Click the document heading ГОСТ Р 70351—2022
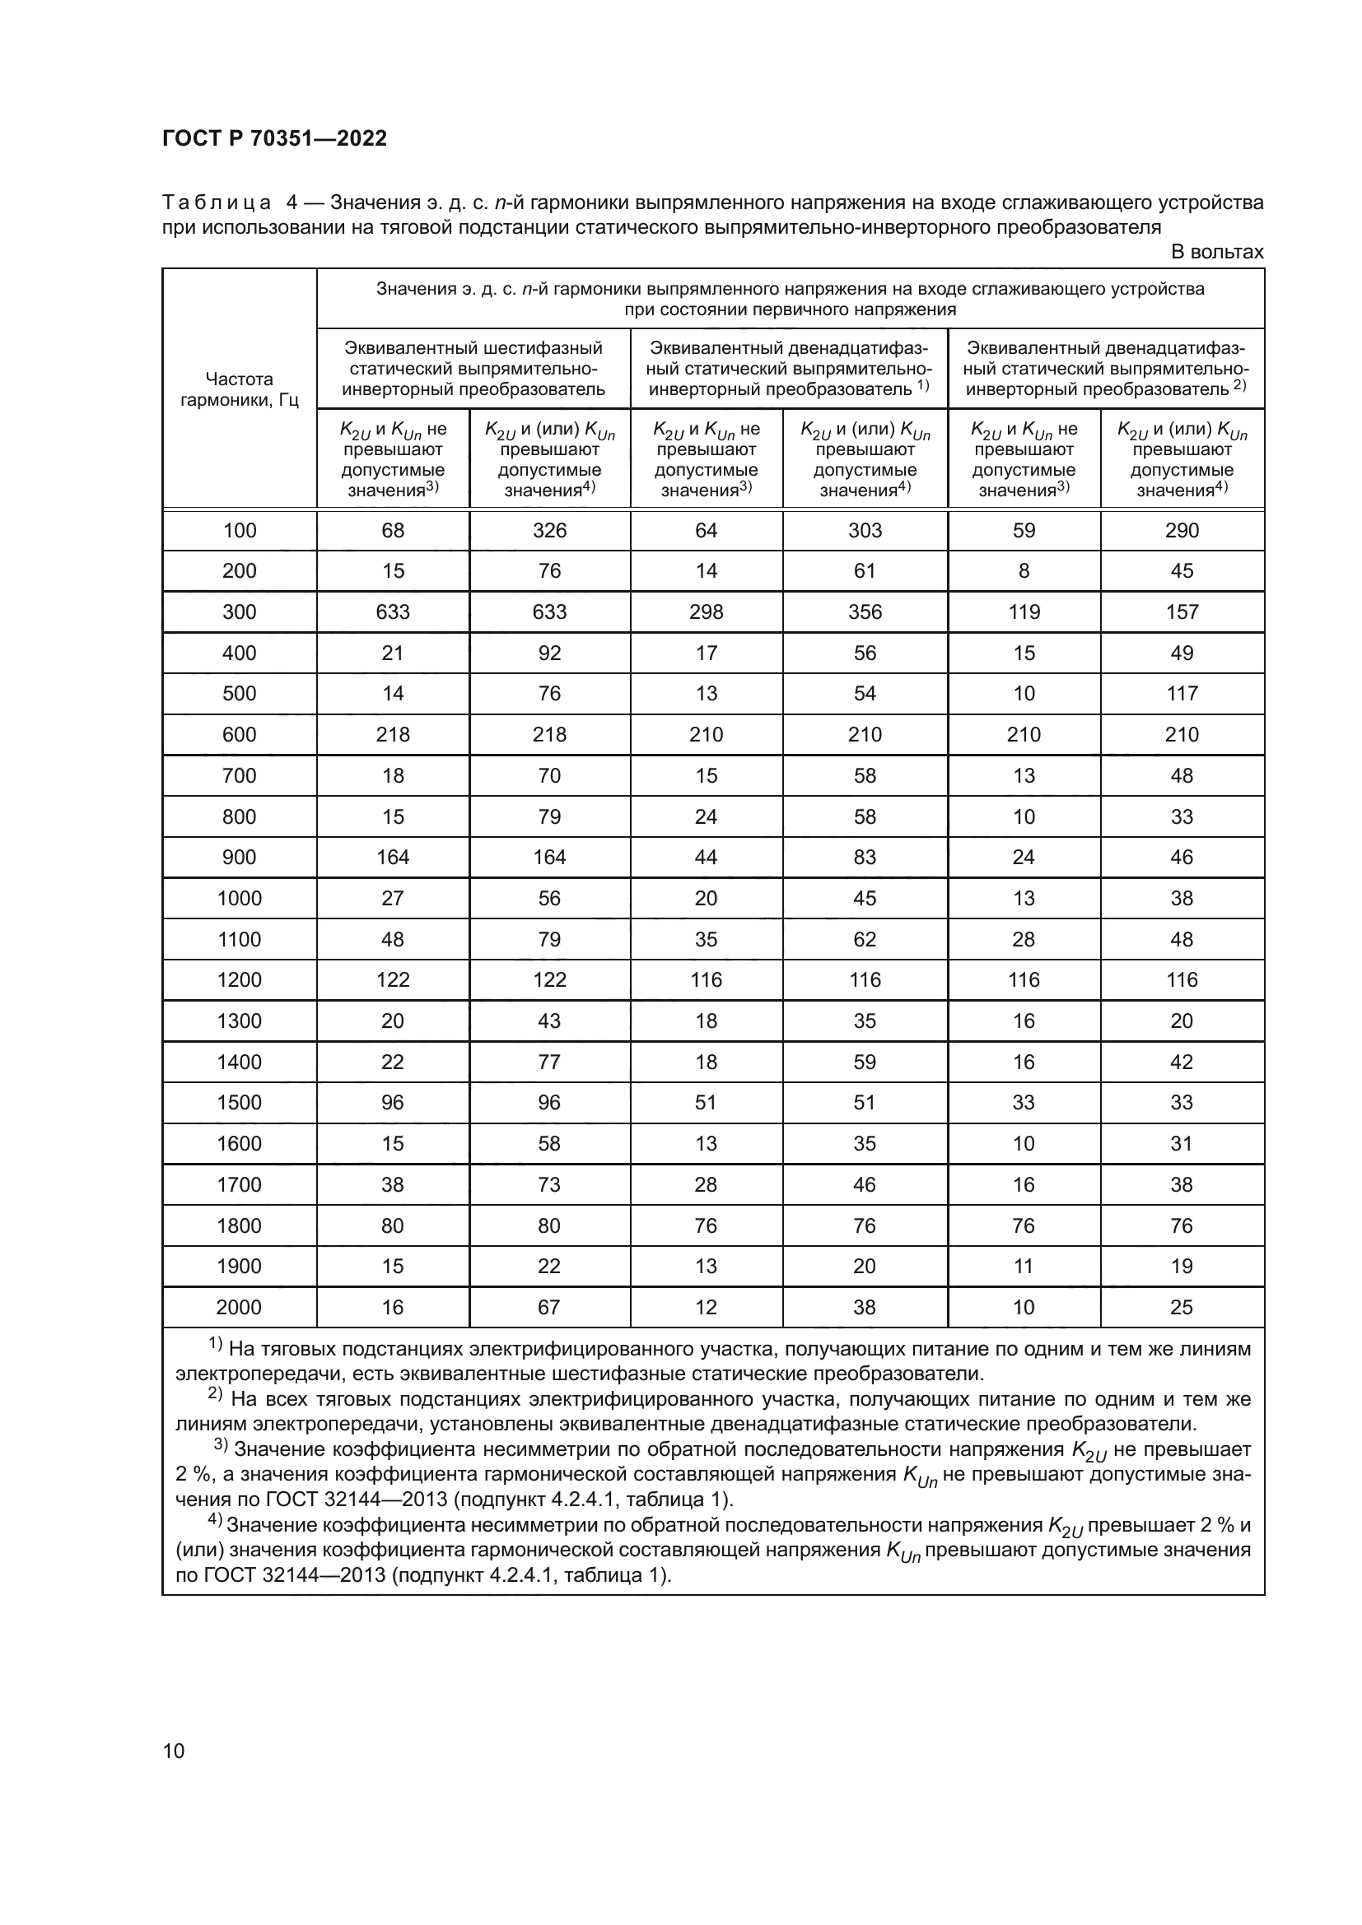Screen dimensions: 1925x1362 (274, 138)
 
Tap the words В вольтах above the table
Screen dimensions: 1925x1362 (1216, 253)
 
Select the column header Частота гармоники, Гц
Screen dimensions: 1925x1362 (239, 389)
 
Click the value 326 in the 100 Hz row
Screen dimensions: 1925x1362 (549, 530)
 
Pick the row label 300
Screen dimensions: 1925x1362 (239, 612)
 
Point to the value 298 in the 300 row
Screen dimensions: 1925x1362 (706, 612)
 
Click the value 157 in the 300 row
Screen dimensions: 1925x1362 (1181, 612)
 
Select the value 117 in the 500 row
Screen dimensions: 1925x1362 (1181, 693)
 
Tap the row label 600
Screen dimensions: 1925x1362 (239, 734)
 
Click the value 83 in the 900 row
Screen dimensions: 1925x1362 (864, 857)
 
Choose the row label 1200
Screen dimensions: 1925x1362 (239, 979)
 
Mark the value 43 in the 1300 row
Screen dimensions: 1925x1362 (549, 1021)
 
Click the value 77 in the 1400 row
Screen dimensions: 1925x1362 (549, 1062)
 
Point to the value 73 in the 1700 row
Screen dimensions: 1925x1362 (549, 1184)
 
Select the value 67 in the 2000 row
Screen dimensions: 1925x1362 (549, 1307)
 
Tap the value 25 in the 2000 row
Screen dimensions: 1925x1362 (1181, 1307)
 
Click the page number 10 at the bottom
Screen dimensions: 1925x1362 (174, 1751)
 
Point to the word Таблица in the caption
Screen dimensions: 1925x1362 (217, 203)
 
